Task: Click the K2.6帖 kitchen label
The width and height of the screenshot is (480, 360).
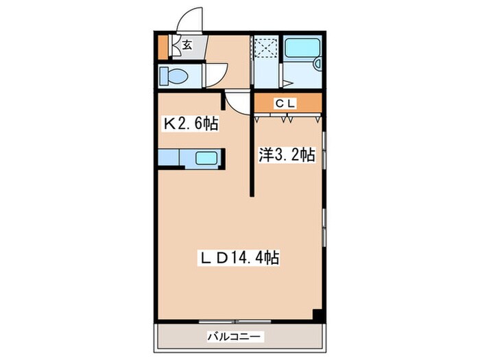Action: pos(190,124)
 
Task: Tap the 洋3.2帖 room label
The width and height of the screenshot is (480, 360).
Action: pos(286,154)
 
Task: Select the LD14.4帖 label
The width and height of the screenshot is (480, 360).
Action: pos(239,259)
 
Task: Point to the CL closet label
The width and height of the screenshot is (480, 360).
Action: pos(286,104)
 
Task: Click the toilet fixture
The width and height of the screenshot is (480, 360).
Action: pos(173,76)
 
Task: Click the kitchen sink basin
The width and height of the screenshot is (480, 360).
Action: pos(206,158)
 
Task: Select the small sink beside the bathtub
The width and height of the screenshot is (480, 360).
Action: pos(317,64)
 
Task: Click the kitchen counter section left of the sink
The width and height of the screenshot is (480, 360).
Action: pos(168,158)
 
